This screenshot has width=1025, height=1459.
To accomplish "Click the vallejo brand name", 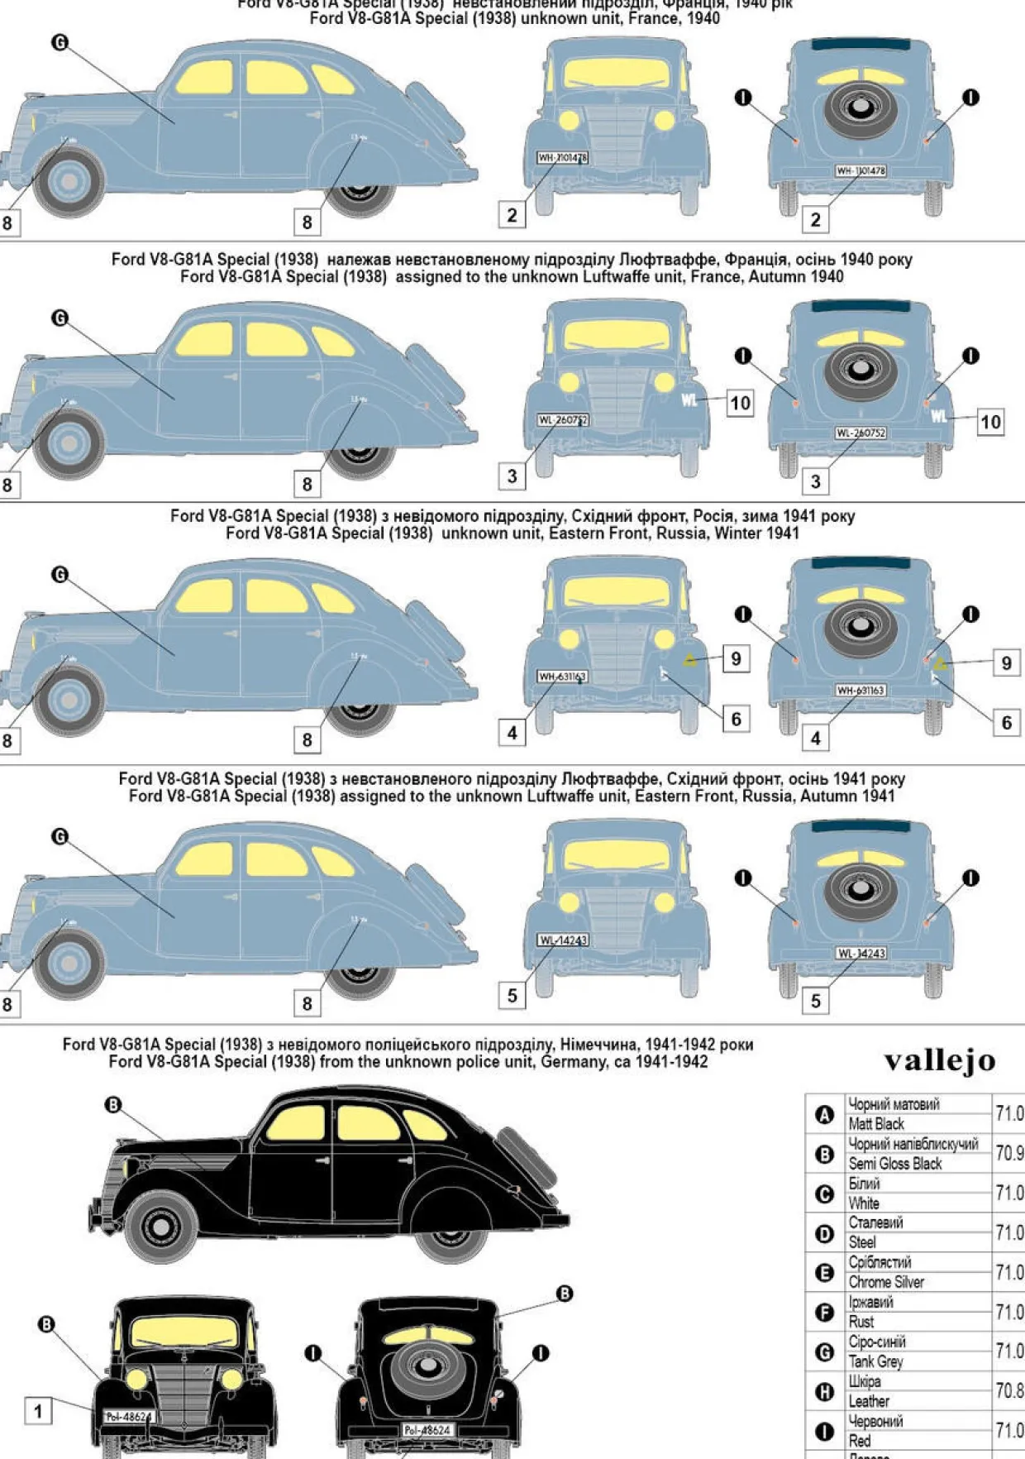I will pos(940,1060).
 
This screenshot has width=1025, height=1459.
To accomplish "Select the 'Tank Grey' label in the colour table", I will pos(875,1361).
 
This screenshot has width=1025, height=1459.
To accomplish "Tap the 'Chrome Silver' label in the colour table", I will pos(886,1281).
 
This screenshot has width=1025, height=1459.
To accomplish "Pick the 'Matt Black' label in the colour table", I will pos(876,1123).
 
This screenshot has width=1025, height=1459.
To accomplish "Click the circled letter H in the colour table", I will pos(824,1391).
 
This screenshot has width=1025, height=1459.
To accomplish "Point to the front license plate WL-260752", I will pos(562,420).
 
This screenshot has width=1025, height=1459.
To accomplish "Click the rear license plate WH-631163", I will pos(861,690).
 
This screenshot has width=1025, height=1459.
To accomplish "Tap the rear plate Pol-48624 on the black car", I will pos(427,1429).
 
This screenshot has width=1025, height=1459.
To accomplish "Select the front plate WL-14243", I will pos(563,940).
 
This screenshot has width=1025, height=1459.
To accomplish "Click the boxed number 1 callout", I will pos(38,1411).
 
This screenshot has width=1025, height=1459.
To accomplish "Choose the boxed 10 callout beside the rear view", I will pos(990,422).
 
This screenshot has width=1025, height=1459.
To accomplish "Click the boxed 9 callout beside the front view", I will pos(736,658).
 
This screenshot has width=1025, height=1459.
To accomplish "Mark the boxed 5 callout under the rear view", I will pos(816,1001).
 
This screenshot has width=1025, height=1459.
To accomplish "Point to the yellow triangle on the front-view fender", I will pos(690,660).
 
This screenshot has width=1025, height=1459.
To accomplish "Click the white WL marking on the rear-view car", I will pos(939,415).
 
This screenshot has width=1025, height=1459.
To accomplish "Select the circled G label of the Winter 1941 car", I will pos(60,574).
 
